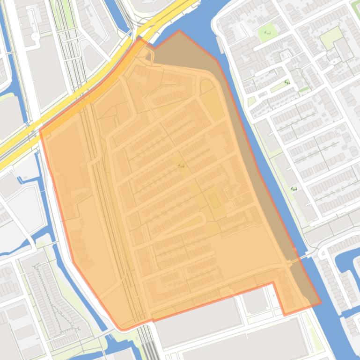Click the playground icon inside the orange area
tap(182, 166)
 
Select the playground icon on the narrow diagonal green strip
tap(287, 83)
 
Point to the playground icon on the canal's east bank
tap(294, 188)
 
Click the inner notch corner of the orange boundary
tap(273, 283)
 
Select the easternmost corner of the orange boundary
tap(321, 303)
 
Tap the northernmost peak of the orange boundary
tap(179, 31)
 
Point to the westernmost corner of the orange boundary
tap(40, 130)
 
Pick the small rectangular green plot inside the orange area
tap(215, 201)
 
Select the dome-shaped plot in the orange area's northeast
tap(206, 86)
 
